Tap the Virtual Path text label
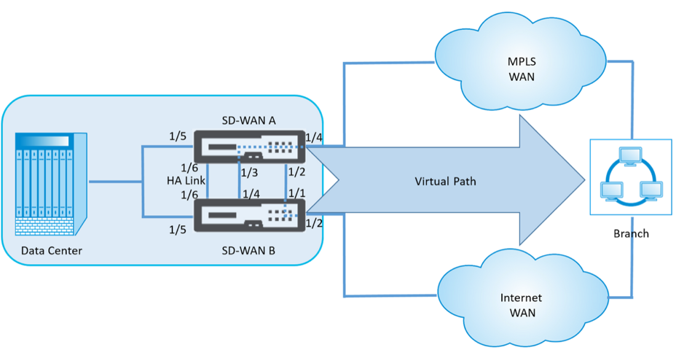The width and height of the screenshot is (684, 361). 445,181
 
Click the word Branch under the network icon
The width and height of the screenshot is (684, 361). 631,233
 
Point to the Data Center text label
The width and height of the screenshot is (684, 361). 52,251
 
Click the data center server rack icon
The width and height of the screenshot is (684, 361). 51,184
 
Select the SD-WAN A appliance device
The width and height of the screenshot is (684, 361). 249,147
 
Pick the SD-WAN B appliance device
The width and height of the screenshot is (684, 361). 249,215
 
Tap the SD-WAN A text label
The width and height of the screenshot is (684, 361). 248,120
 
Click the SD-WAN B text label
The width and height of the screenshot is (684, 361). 248,251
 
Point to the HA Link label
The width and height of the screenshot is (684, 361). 186,180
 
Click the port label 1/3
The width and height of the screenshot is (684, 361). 250,173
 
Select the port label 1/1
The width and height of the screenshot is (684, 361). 296,193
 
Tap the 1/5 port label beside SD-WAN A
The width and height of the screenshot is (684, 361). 178,136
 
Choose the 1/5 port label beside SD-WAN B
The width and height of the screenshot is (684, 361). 178,229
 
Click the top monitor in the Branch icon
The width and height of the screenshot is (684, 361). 630,156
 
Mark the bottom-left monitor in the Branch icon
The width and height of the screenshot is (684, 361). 612,191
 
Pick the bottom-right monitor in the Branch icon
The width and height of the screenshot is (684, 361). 650,191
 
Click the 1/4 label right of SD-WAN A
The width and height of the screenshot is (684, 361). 314,138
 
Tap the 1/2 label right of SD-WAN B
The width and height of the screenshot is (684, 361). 314,223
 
